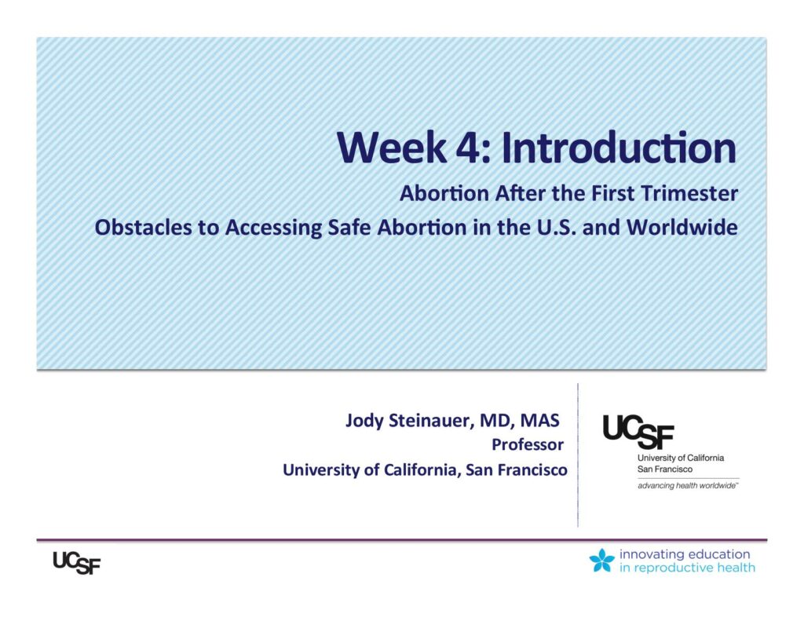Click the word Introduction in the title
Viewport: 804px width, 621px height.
tap(619, 148)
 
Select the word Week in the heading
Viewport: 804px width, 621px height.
tap(392, 148)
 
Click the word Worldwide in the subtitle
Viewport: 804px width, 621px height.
tap(682, 227)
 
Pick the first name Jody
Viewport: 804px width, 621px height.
tap(364, 421)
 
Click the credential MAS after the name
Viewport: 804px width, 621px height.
tap(540, 420)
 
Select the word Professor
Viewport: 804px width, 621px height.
tap(528, 444)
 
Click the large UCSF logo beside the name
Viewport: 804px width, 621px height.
tap(638, 432)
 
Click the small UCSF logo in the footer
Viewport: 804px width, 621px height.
tap(77, 563)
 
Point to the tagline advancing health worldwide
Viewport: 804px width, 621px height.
tap(688, 486)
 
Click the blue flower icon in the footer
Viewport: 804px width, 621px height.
tap(602, 561)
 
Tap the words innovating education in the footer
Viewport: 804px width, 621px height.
tap(685, 554)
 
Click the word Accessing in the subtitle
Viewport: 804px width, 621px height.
tap(273, 228)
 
